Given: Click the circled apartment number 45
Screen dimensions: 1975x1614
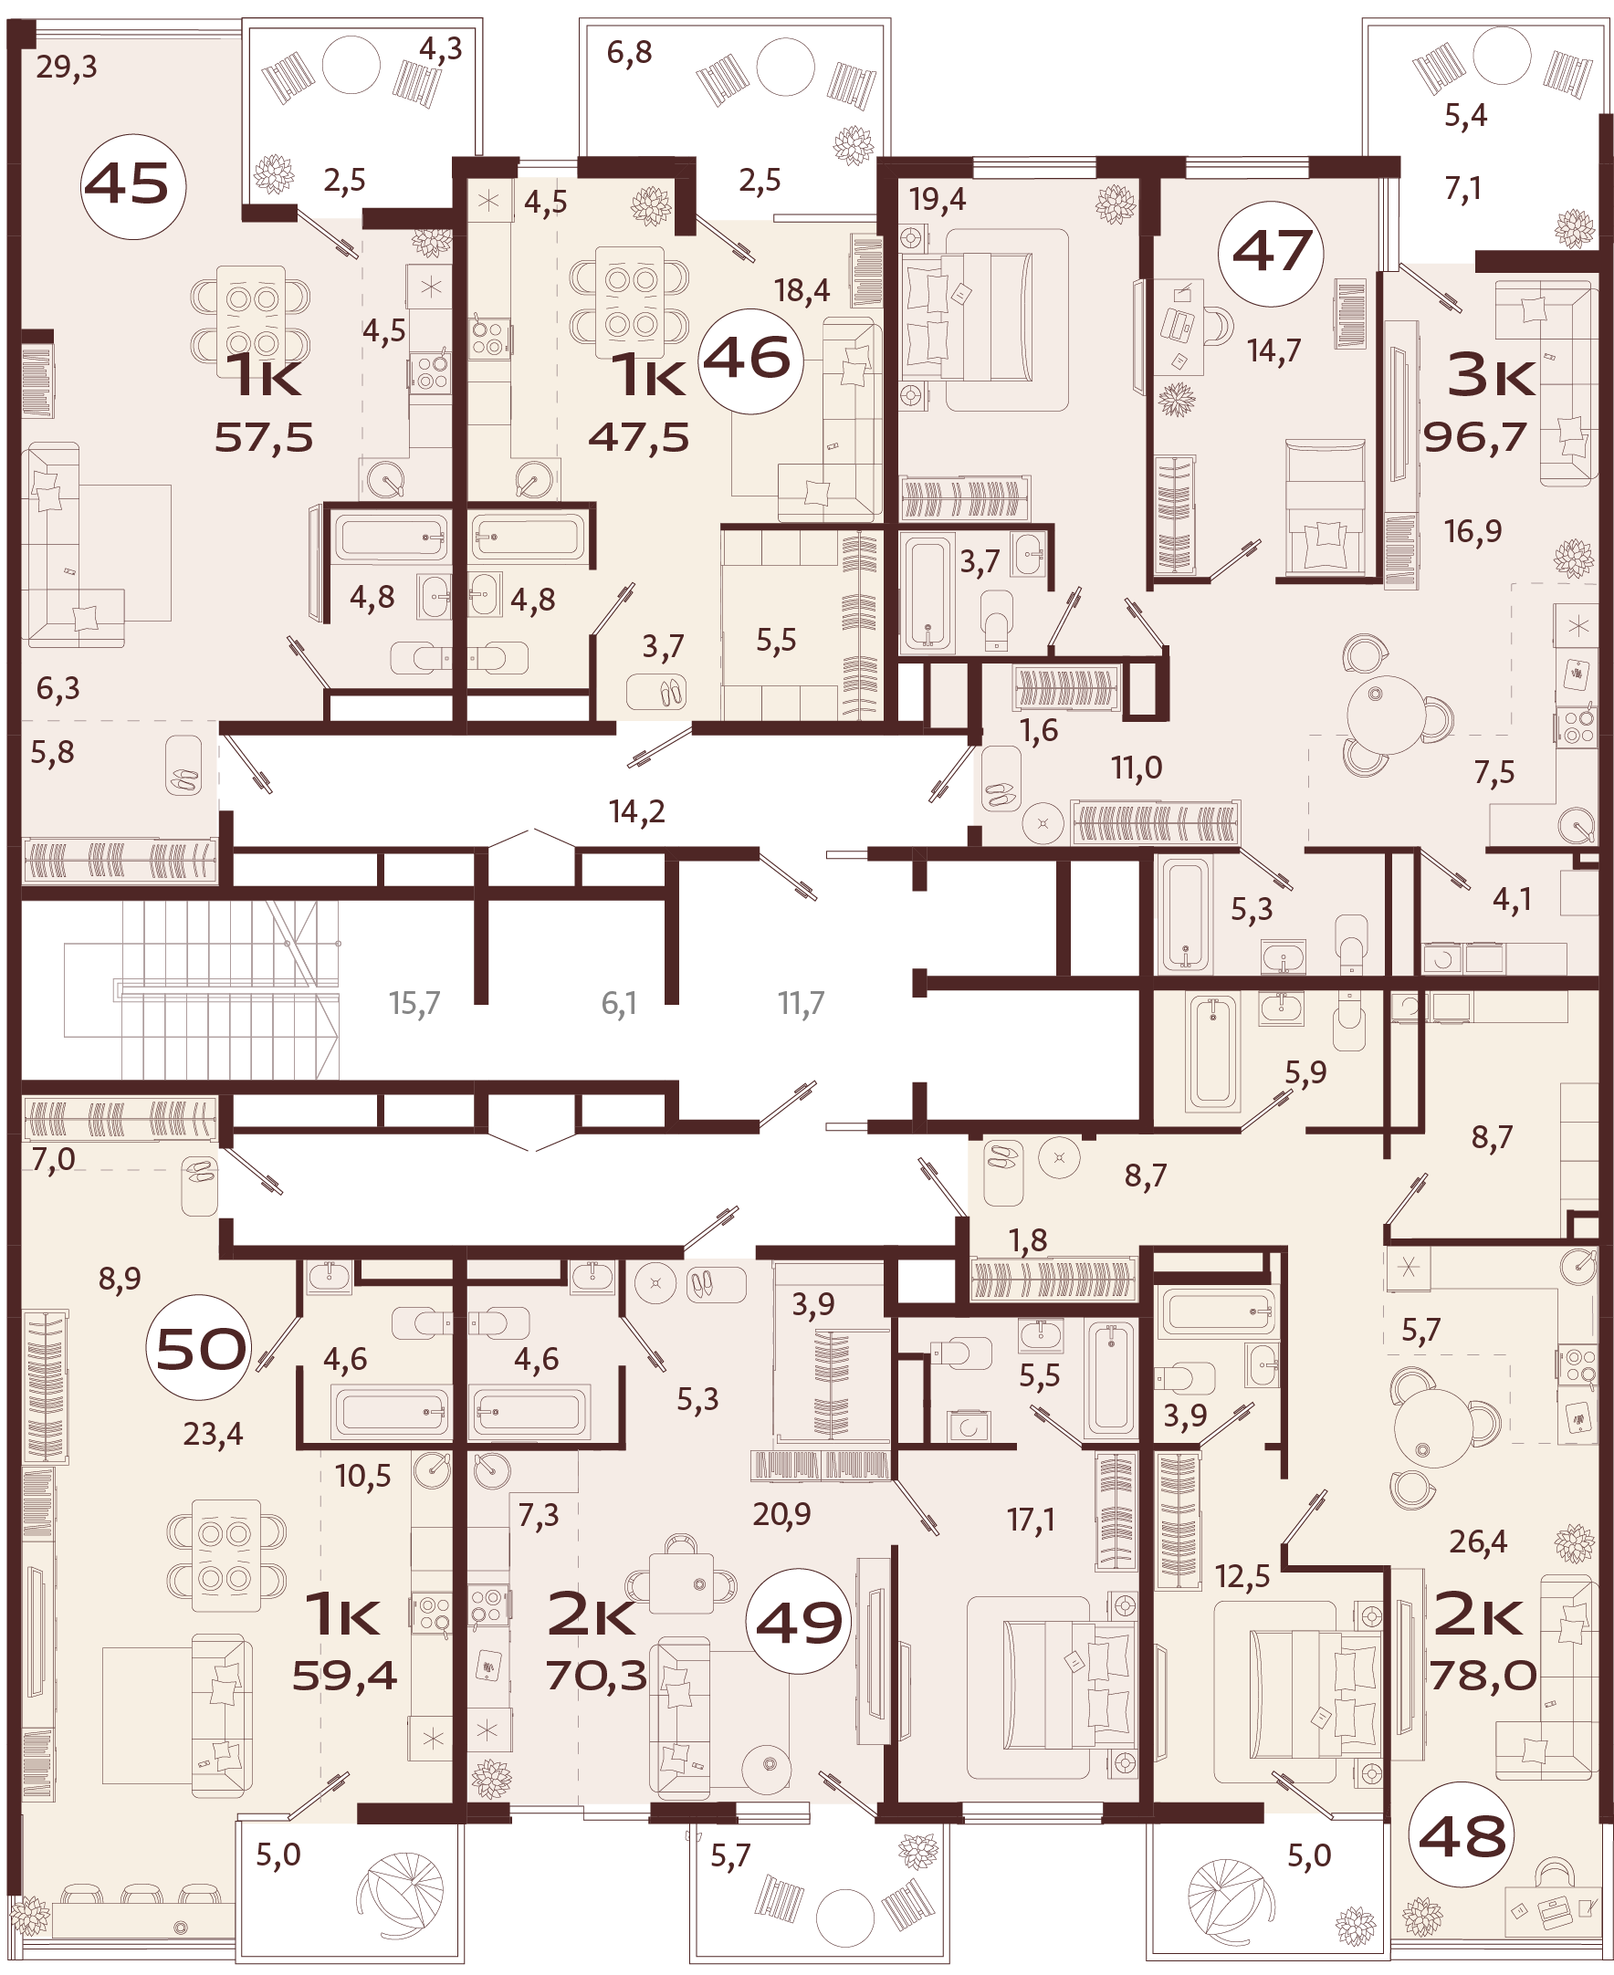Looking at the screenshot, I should (x=134, y=186).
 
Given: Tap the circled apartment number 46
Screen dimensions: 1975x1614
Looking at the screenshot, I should (x=749, y=360).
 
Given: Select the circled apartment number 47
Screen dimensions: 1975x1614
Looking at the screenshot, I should (x=1271, y=253).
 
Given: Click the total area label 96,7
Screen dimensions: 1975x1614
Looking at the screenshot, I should (x=1475, y=437).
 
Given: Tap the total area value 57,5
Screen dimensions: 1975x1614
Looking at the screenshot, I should (x=264, y=437).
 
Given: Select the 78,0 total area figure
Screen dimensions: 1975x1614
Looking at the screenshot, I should (x=1483, y=1675).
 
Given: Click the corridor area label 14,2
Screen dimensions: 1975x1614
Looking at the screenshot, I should (x=637, y=812).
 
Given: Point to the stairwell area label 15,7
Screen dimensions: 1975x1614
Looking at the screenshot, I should (x=414, y=1004).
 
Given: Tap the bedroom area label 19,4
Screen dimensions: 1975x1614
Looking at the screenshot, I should (x=938, y=200).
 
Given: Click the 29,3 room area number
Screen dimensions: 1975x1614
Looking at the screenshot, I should (x=67, y=67).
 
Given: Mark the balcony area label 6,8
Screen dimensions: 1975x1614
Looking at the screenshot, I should (x=629, y=53).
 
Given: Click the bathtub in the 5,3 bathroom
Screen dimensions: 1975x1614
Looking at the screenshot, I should (x=1187, y=914).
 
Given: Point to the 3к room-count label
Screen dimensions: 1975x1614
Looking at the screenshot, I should (x=1492, y=377).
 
